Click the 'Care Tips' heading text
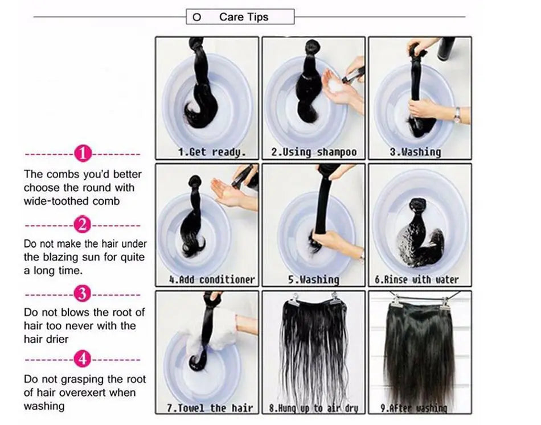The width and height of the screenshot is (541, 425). [243, 17]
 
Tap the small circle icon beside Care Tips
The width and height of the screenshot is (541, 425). [197, 18]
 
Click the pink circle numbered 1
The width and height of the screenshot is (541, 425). [83, 154]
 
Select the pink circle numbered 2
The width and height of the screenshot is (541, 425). [83, 225]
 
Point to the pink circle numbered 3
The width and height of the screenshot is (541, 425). [83, 294]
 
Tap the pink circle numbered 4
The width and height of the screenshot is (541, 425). [83, 360]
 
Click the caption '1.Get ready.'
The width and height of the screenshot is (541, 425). [204, 152]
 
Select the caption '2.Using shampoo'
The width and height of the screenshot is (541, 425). [314, 152]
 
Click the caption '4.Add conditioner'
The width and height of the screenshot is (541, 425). [212, 279]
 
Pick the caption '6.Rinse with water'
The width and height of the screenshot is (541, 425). [421, 279]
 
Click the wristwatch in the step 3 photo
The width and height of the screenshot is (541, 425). [456, 114]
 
